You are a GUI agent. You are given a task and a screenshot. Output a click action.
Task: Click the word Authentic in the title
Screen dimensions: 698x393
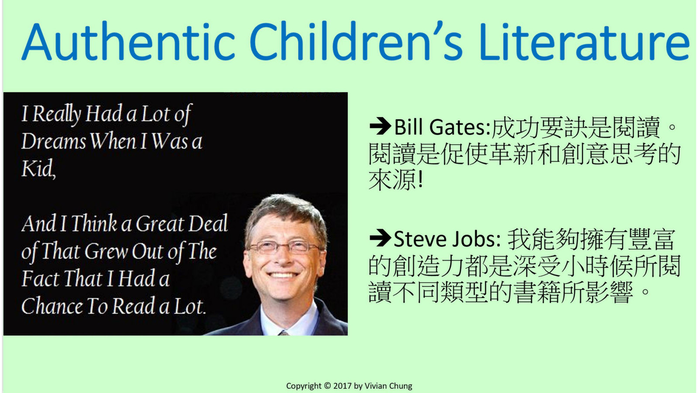(x=128, y=41)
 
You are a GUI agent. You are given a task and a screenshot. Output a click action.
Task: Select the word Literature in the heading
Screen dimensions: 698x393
(x=584, y=41)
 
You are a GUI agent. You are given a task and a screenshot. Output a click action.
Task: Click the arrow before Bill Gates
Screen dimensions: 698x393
(x=380, y=126)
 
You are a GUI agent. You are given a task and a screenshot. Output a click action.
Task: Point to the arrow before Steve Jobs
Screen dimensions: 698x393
(x=380, y=238)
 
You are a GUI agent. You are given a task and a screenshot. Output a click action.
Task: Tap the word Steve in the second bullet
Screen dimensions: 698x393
(x=420, y=239)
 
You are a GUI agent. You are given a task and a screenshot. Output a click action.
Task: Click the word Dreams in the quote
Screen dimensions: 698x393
(x=53, y=141)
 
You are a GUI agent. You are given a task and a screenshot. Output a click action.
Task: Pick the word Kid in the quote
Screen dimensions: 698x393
(x=38, y=169)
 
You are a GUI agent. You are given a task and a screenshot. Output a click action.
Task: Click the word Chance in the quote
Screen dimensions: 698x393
(x=51, y=306)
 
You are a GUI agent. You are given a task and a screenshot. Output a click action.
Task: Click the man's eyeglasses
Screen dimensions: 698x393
(x=284, y=247)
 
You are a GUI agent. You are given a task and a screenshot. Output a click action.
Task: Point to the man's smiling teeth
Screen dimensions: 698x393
(x=282, y=275)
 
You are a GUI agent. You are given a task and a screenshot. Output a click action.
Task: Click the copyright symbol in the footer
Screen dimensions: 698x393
(x=328, y=386)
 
